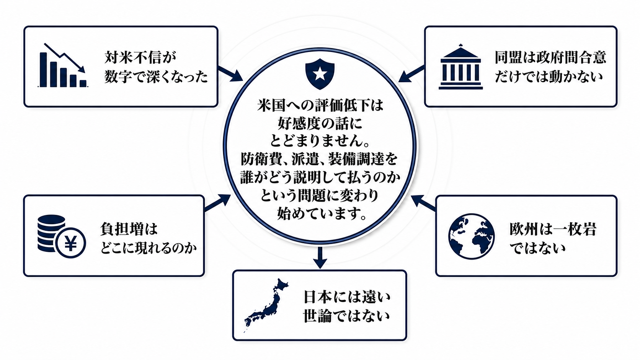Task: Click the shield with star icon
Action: (x=320, y=74)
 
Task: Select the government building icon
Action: (x=460, y=67)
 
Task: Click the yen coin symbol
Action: (x=70, y=243)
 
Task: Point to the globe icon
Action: (x=472, y=236)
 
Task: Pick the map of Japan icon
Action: (x=266, y=305)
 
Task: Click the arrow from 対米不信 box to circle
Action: (x=230, y=74)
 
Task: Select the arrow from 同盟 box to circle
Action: (x=411, y=74)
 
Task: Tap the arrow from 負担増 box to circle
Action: (x=217, y=203)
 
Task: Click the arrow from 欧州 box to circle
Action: (x=424, y=203)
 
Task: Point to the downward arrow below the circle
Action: (x=320, y=258)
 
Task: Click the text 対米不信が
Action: (x=140, y=57)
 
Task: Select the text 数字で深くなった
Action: (x=156, y=77)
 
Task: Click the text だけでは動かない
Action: (x=549, y=77)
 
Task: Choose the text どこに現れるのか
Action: (x=149, y=248)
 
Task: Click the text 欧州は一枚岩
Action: (x=553, y=229)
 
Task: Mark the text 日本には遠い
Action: (x=347, y=297)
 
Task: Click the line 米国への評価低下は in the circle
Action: (x=320, y=105)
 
